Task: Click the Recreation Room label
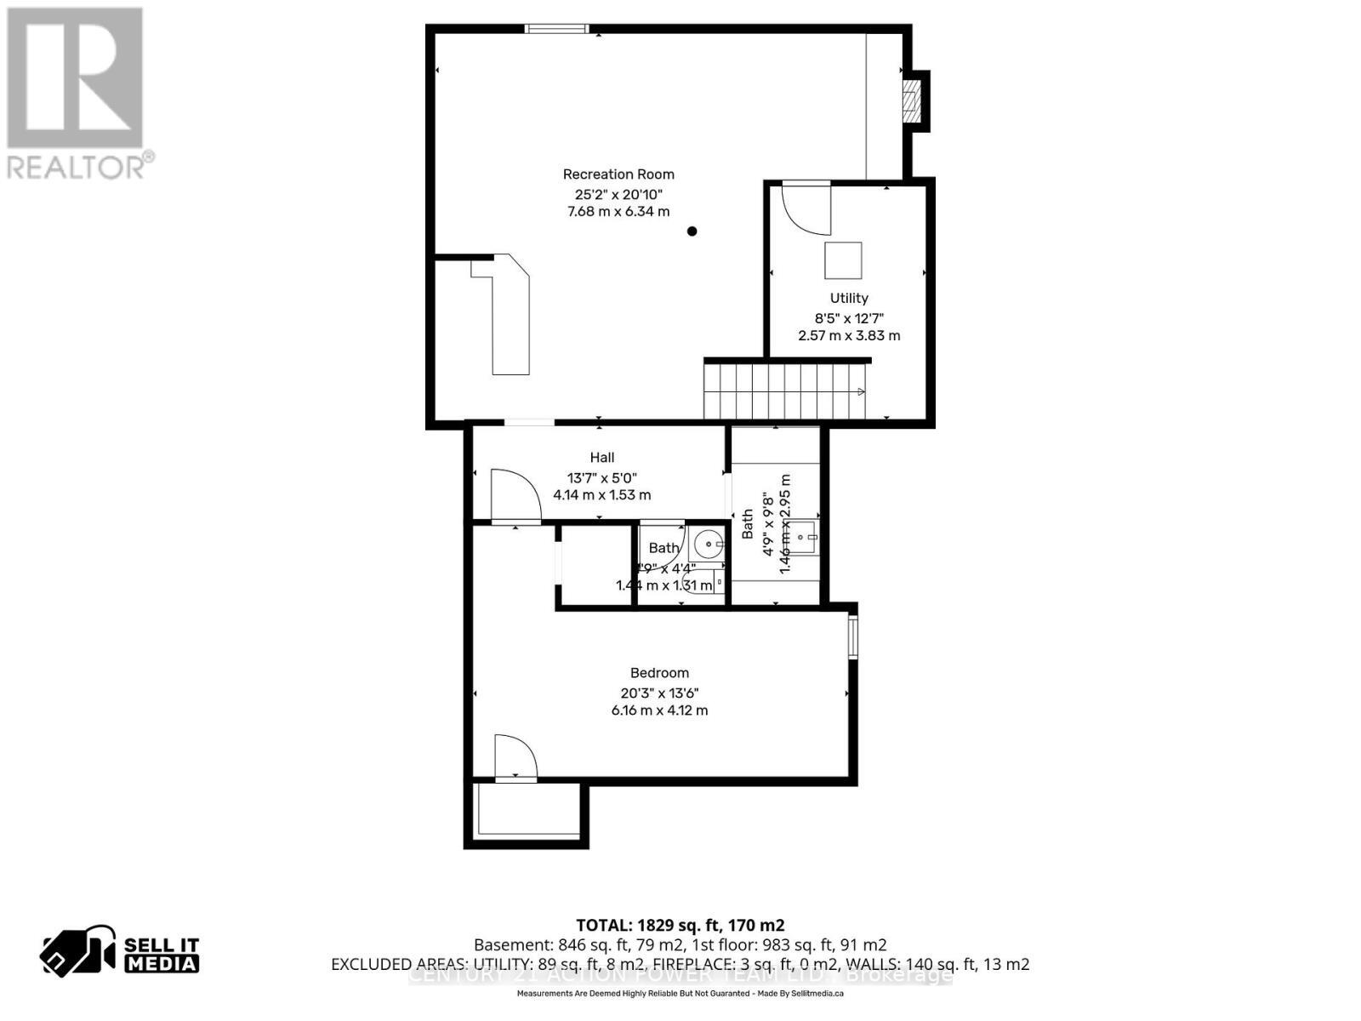tap(618, 174)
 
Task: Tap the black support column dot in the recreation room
tap(692, 231)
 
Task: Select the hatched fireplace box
tap(912, 101)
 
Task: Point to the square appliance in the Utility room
tap(843, 260)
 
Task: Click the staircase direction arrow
tap(860, 392)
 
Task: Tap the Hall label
tap(602, 458)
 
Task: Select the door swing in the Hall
tap(514, 495)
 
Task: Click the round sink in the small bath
tap(707, 542)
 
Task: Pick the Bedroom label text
tap(659, 673)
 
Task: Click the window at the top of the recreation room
tap(556, 29)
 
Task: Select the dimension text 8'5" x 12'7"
tap(849, 317)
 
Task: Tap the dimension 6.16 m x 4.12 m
tap(659, 710)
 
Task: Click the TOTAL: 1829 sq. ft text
tap(680, 925)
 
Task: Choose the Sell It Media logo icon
tap(77, 950)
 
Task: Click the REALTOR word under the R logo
tap(77, 166)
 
